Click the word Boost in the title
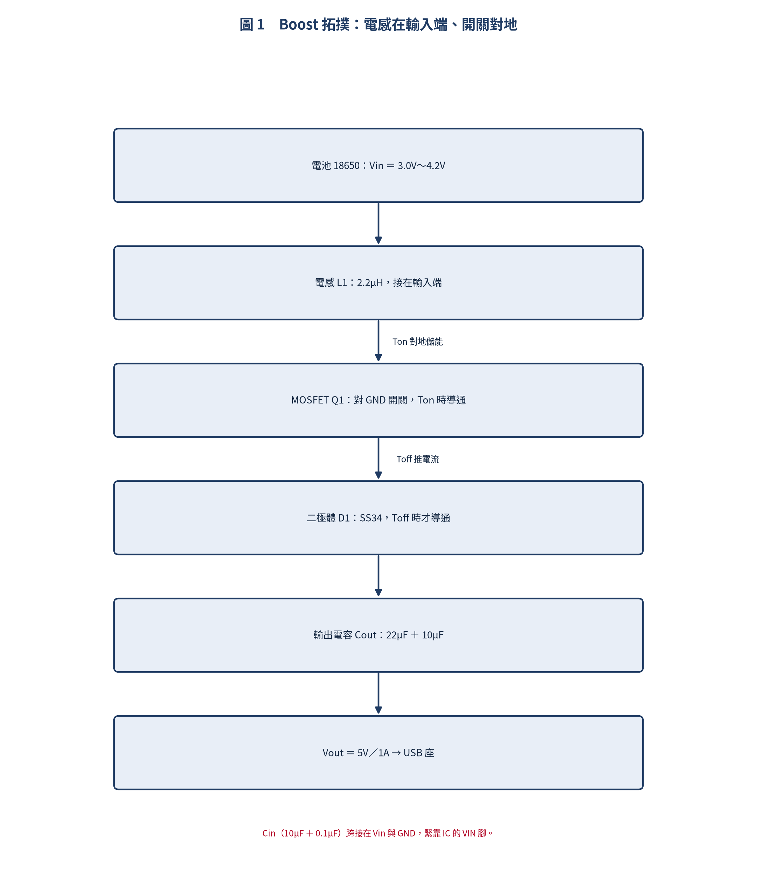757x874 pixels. (x=299, y=24)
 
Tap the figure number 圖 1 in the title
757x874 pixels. (x=252, y=24)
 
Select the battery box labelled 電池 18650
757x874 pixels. (x=378, y=165)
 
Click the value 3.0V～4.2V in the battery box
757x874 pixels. (x=421, y=165)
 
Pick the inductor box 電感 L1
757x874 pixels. (x=378, y=283)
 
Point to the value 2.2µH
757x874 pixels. (x=370, y=283)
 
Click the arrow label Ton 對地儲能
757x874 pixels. (x=417, y=342)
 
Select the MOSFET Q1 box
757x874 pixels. (x=378, y=400)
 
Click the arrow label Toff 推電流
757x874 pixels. (x=417, y=459)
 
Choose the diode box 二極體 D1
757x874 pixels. (x=378, y=518)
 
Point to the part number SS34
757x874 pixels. (x=370, y=518)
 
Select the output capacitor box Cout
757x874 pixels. (x=378, y=635)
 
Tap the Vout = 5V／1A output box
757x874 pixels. (x=378, y=752)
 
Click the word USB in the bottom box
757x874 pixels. (x=413, y=753)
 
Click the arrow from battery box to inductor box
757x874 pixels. (x=378, y=223)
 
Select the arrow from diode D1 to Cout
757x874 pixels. (x=378, y=575)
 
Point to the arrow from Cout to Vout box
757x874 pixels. (x=378, y=693)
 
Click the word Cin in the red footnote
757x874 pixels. (x=269, y=833)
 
